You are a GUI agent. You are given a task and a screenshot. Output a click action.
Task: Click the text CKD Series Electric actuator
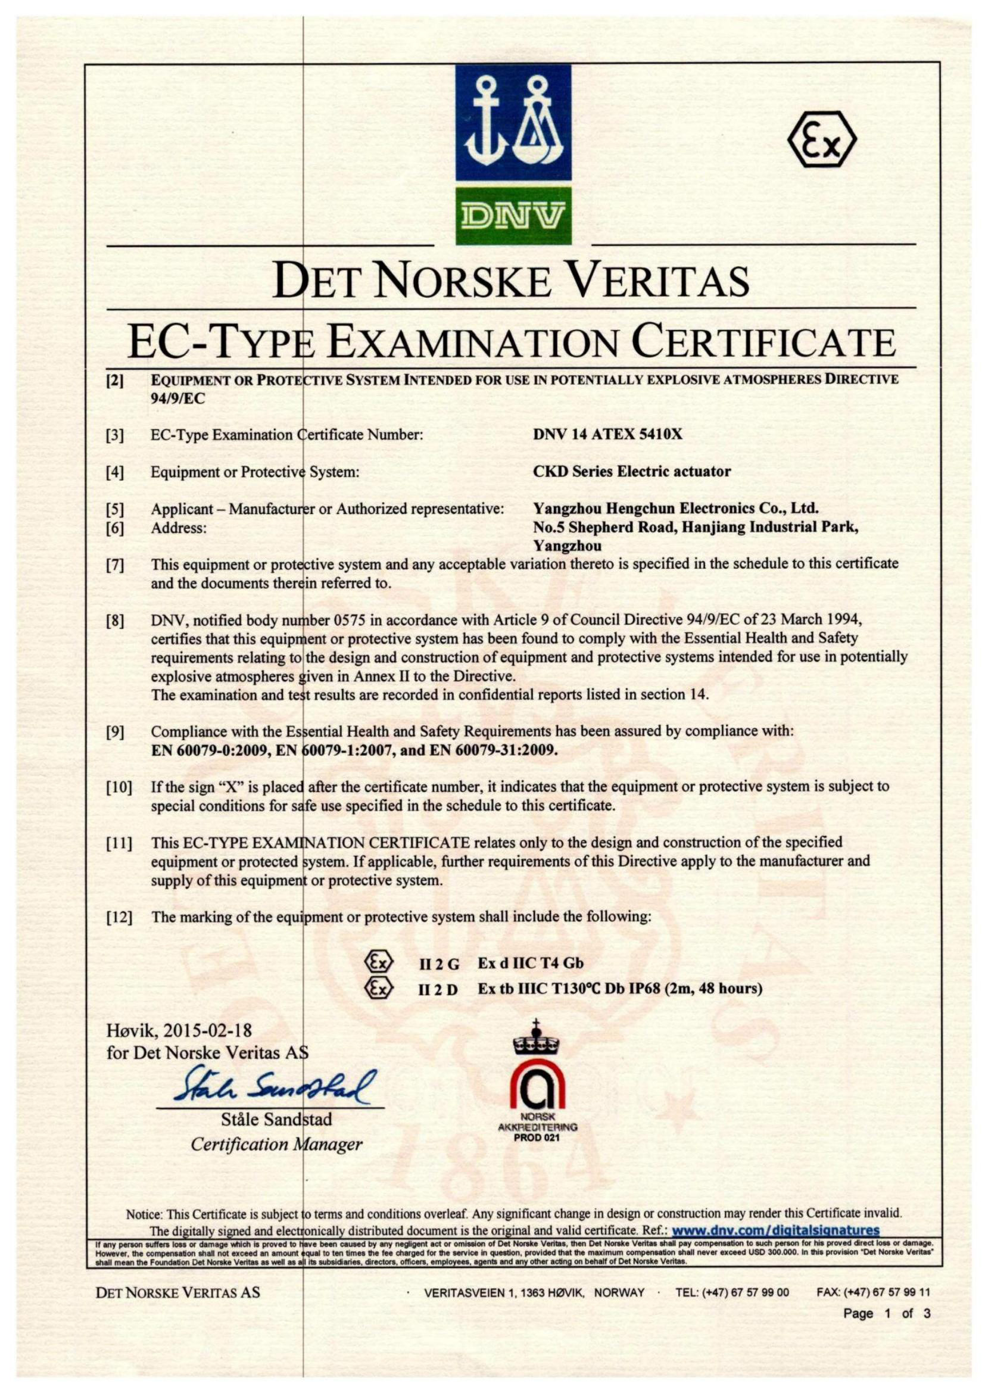(631, 471)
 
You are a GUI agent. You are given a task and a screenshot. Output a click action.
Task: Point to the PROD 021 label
(536, 1138)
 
